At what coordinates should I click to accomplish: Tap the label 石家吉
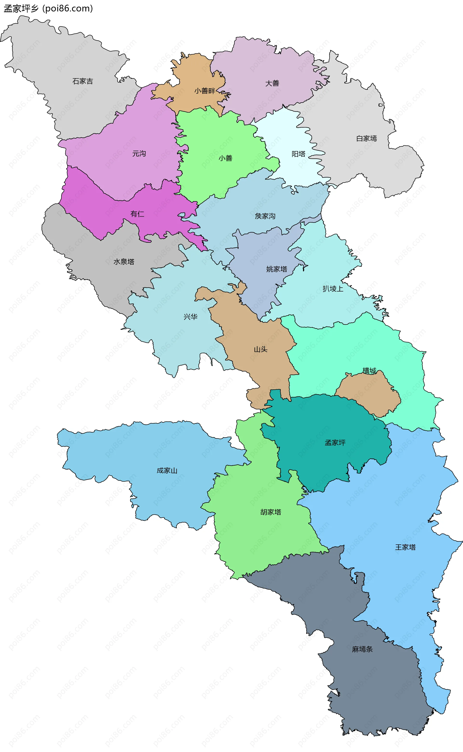click(83, 81)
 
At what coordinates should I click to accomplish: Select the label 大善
click(272, 83)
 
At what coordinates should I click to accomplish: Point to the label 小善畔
click(204, 91)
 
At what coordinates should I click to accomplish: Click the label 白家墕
click(367, 139)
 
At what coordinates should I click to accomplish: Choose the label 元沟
click(139, 154)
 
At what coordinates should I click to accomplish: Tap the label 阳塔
click(299, 154)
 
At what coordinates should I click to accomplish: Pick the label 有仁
click(137, 214)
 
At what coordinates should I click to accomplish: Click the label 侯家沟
click(265, 216)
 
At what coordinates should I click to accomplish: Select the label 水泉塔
click(124, 262)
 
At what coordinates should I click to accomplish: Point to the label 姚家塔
click(277, 269)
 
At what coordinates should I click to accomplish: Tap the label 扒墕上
click(333, 289)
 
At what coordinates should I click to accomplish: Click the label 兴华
click(191, 317)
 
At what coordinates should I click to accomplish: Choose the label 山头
click(261, 349)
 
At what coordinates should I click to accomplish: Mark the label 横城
click(369, 371)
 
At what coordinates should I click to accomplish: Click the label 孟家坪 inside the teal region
click(335, 443)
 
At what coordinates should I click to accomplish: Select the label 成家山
click(167, 470)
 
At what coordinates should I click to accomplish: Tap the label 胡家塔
click(271, 512)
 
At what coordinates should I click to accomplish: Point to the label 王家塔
click(405, 547)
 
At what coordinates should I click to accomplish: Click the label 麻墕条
click(362, 649)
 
